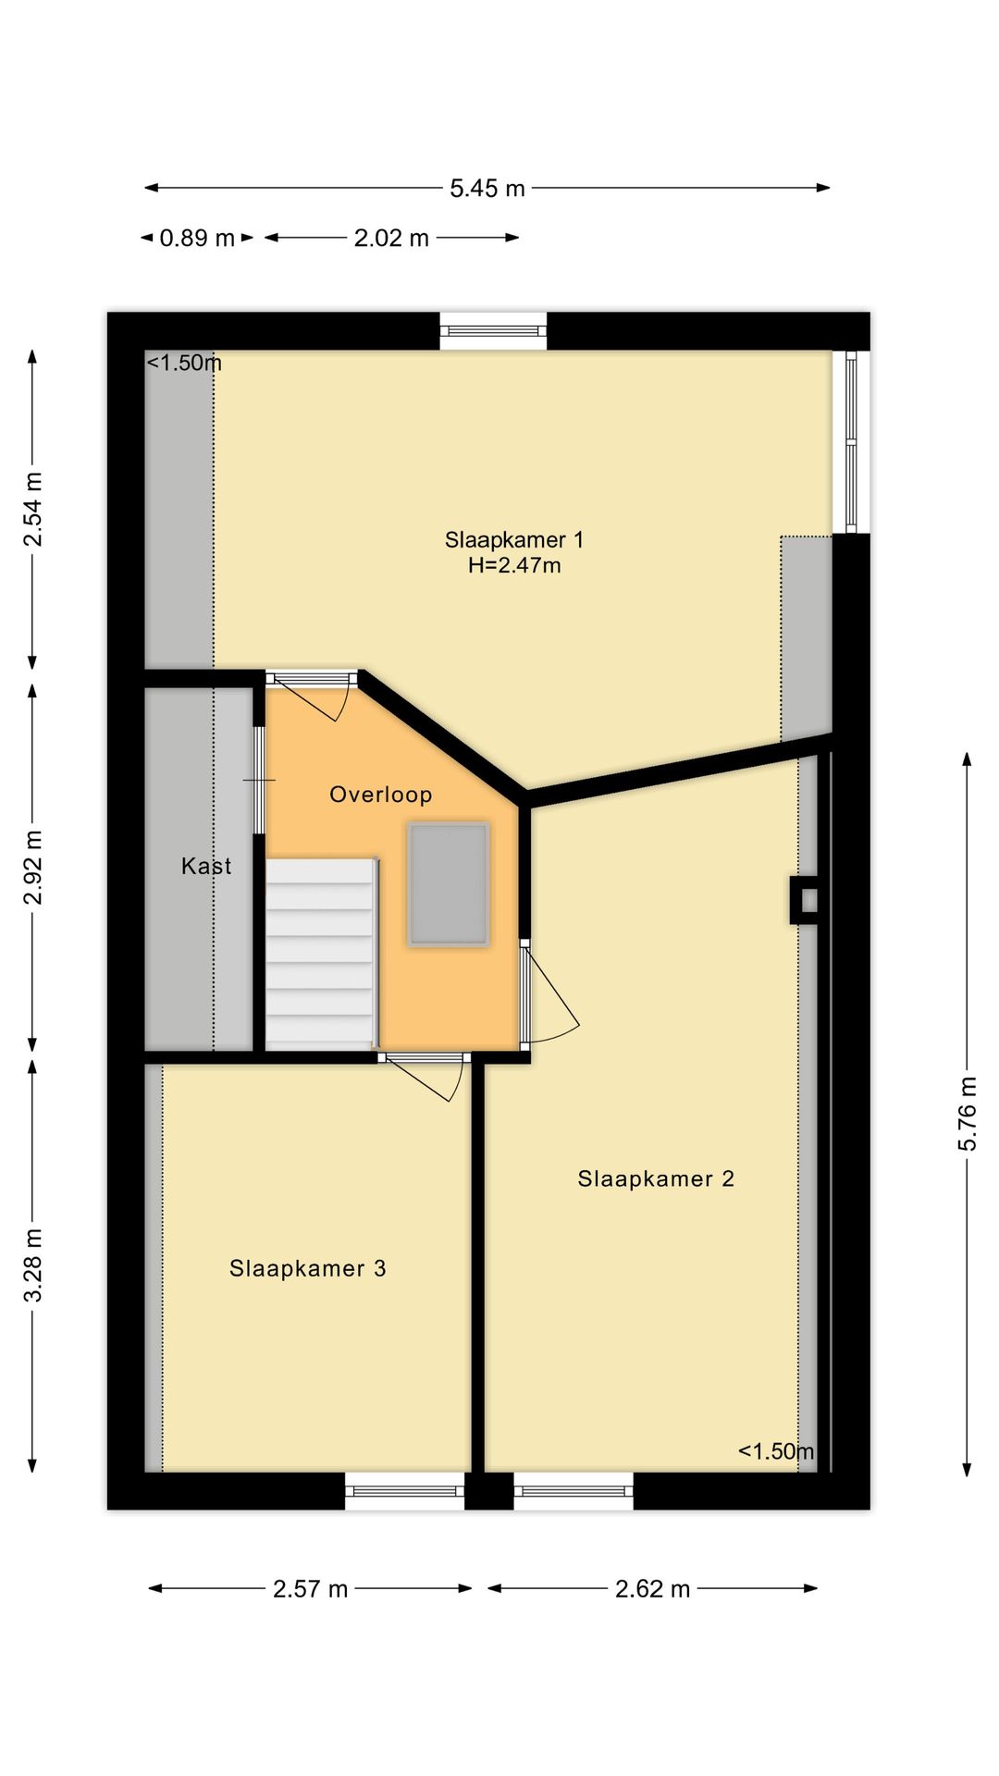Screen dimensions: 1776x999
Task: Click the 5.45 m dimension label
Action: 487,189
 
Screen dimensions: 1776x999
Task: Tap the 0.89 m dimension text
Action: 197,239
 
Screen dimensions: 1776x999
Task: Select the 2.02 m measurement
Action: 391,239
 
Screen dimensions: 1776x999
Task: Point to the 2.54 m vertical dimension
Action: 33,509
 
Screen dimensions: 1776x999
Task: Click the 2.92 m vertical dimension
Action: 33,868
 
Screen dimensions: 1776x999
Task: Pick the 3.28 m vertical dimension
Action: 33,1264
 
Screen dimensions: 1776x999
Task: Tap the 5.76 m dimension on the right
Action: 967,1113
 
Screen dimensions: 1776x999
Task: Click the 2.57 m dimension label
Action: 310,1589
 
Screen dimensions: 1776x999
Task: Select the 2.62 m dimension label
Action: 652,1589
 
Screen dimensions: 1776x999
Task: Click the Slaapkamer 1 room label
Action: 514,539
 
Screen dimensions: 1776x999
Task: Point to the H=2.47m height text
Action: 514,565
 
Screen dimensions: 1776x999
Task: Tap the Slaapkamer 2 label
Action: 656,1178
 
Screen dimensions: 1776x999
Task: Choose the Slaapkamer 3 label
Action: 308,1268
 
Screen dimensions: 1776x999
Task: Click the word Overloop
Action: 381,795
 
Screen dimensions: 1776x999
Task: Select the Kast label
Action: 206,866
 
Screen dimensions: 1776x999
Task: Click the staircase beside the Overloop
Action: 321,953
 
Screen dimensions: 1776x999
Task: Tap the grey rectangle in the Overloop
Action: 449,884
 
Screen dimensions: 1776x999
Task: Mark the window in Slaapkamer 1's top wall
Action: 493,331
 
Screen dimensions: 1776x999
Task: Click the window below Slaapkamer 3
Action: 405,1490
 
